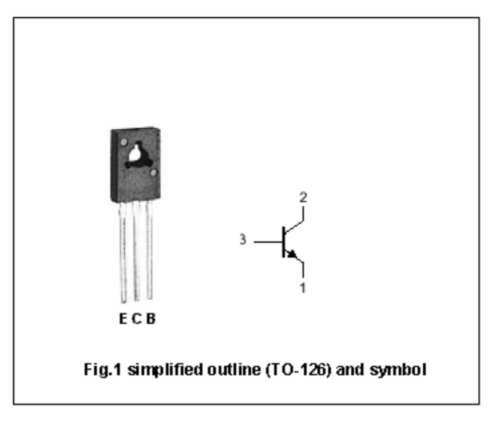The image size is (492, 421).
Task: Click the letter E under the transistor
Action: (x=123, y=319)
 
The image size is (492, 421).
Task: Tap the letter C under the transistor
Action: (x=137, y=319)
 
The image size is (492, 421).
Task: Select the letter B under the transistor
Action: (x=150, y=319)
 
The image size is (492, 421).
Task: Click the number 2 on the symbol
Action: (x=303, y=197)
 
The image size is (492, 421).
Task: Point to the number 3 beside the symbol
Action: (x=243, y=239)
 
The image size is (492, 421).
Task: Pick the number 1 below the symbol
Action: (x=303, y=288)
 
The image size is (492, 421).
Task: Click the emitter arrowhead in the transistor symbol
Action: (x=292, y=254)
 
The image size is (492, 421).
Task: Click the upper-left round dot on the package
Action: (x=124, y=142)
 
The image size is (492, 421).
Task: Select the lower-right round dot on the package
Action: (x=153, y=173)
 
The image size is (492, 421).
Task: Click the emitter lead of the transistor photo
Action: (x=123, y=252)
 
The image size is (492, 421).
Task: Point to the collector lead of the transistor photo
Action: (x=137, y=251)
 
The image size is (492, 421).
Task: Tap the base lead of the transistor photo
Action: (x=150, y=250)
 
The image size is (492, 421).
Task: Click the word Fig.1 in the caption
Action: (x=102, y=370)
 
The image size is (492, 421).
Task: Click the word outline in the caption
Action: (x=234, y=370)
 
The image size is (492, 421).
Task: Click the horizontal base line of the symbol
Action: (x=268, y=242)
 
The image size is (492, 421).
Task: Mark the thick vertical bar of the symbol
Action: (x=284, y=242)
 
